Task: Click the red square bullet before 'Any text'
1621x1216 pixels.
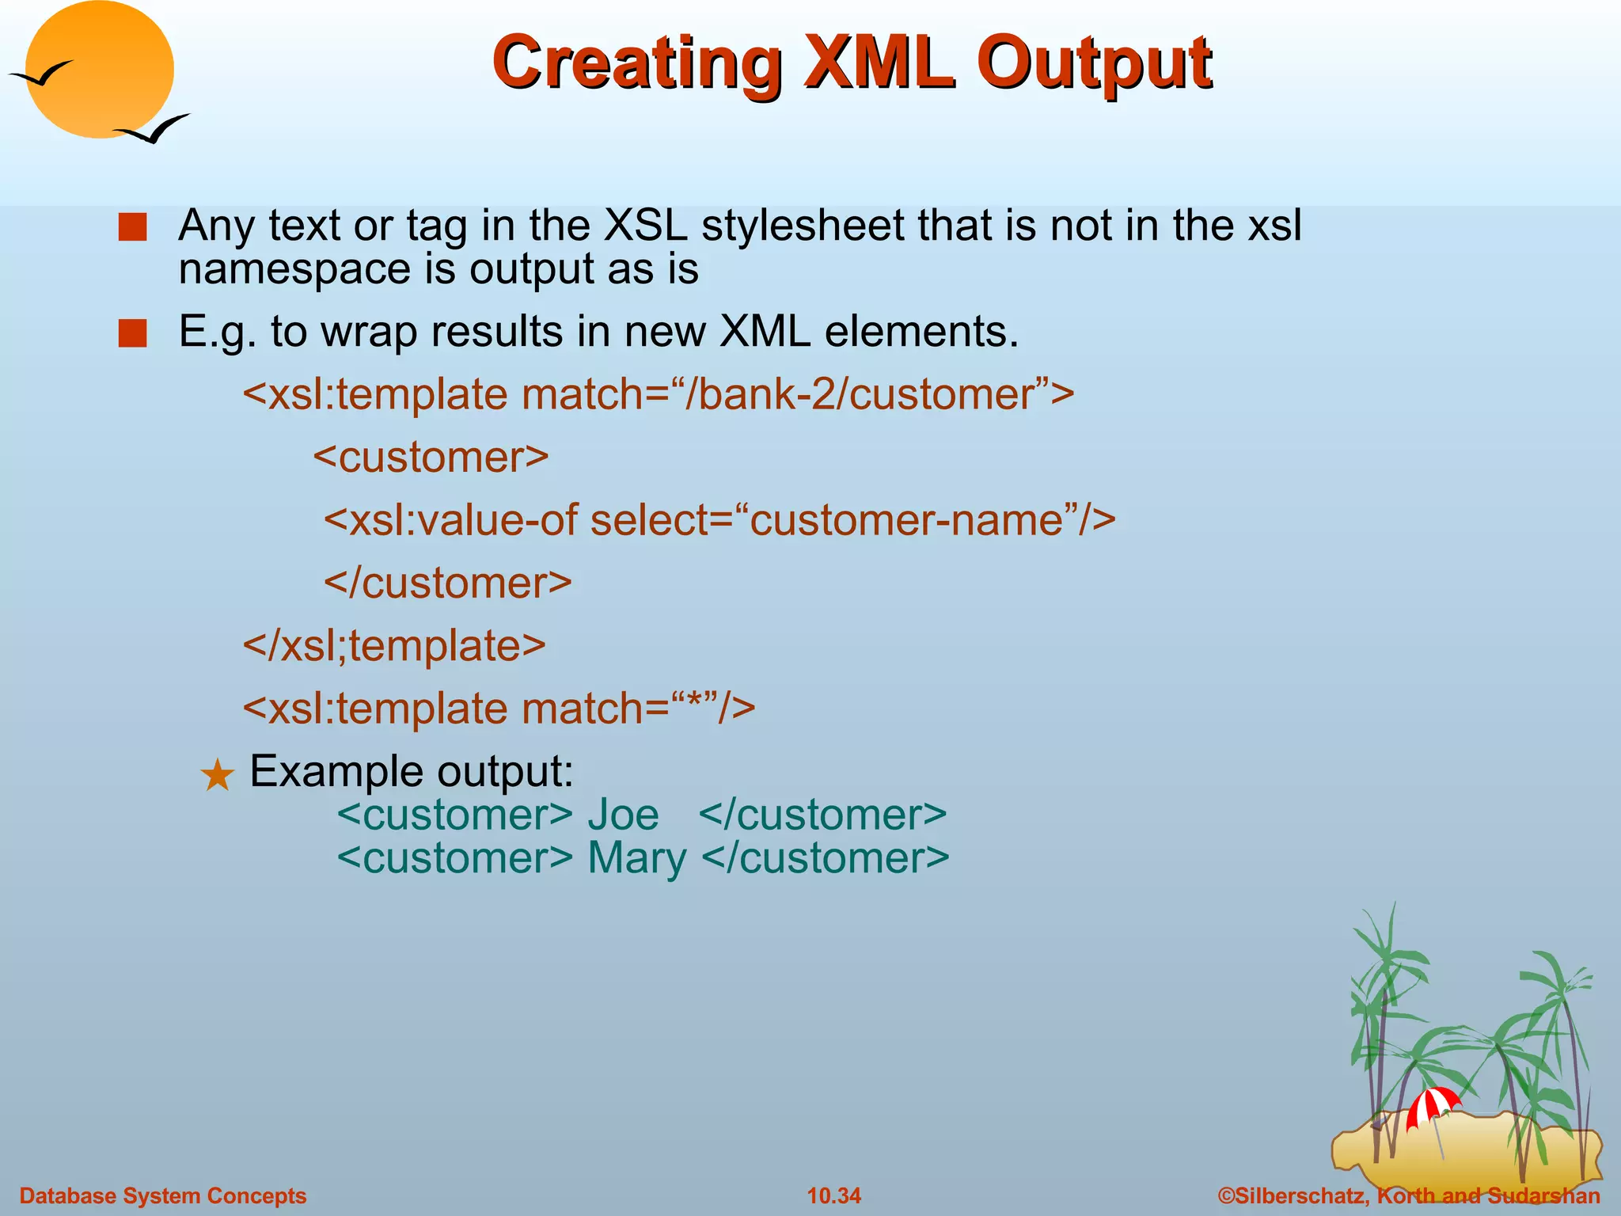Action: point(132,227)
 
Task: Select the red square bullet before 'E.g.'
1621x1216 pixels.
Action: point(132,333)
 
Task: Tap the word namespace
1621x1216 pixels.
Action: point(294,269)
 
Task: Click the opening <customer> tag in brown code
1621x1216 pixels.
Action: point(431,458)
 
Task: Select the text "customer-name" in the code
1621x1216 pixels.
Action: point(907,520)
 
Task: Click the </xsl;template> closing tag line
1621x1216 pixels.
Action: point(394,645)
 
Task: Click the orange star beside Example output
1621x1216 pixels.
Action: point(217,775)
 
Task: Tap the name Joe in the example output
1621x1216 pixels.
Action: point(623,815)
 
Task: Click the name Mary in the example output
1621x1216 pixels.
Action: point(637,858)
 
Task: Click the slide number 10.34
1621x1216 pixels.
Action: point(833,1195)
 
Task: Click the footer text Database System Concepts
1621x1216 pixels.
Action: point(162,1195)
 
